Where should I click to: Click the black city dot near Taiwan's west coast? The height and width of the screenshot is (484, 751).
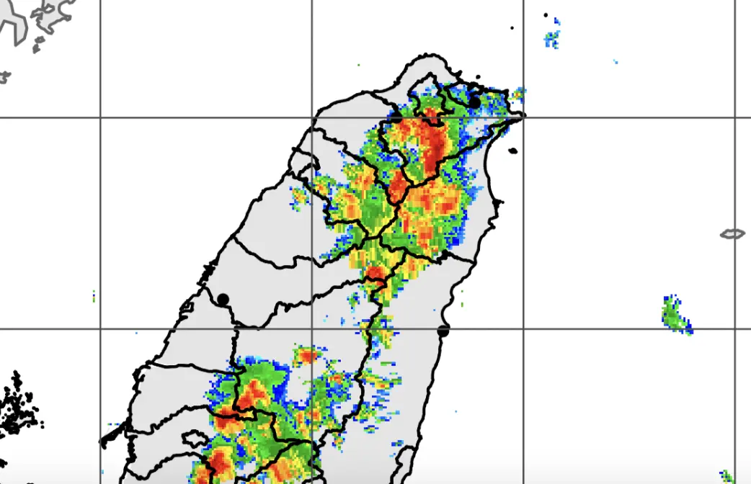pos(223,299)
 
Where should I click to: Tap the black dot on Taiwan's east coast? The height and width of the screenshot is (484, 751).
pos(443,331)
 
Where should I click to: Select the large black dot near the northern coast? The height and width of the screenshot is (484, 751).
pos(474,104)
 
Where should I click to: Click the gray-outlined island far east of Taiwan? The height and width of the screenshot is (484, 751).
pos(732,233)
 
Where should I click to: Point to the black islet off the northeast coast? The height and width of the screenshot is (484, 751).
pos(512,151)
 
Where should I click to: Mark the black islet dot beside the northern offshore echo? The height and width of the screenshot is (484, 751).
pos(546,15)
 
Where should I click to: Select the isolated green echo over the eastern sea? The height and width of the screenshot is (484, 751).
pos(676,315)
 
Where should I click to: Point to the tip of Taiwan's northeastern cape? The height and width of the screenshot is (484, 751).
pos(524,115)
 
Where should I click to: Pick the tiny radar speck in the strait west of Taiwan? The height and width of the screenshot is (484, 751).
pos(94,295)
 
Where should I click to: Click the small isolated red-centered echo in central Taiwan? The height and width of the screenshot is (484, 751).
pos(308,355)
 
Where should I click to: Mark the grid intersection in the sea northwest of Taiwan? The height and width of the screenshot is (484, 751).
pos(100,117)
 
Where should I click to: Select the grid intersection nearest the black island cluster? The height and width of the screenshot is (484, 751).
pos(100,329)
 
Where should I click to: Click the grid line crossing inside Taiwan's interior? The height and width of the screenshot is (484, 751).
pos(312,329)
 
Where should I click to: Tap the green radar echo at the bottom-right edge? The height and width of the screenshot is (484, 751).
pos(726,476)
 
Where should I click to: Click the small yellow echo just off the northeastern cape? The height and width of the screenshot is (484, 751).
pos(517,93)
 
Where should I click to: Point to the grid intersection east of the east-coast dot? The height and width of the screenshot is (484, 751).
pos(524,329)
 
